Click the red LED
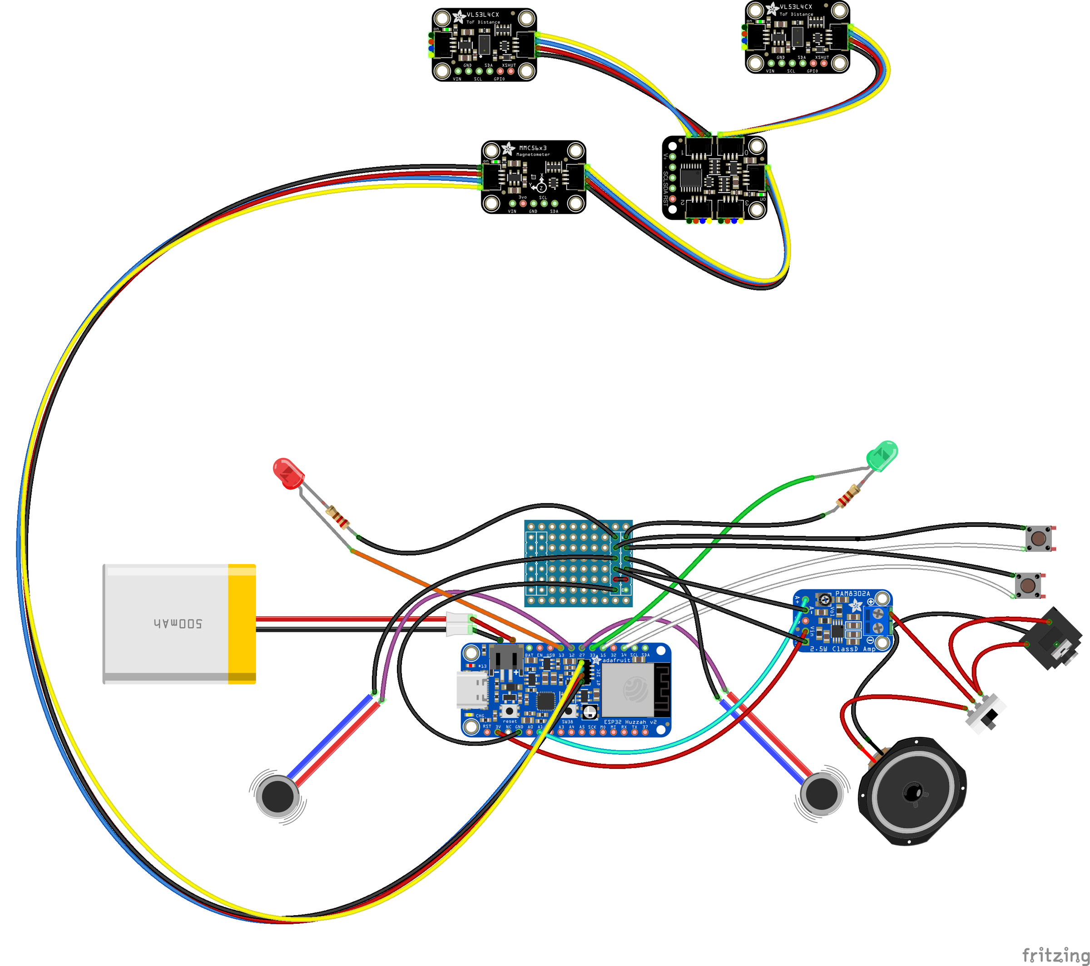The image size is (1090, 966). tap(288, 473)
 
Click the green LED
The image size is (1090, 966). tap(882, 456)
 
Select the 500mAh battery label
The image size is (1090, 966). tap(178, 623)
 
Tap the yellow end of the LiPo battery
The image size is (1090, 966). tap(242, 624)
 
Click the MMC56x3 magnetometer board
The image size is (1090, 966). tap(533, 177)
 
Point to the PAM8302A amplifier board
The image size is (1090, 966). tap(843, 620)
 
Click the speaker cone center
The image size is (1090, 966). tap(912, 792)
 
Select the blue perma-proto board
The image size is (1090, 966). tap(578, 563)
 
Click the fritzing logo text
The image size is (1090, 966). tap(1055, 954)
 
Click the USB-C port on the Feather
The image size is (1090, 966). tap(472, 689)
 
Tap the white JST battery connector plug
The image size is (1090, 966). tap(458, 624)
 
